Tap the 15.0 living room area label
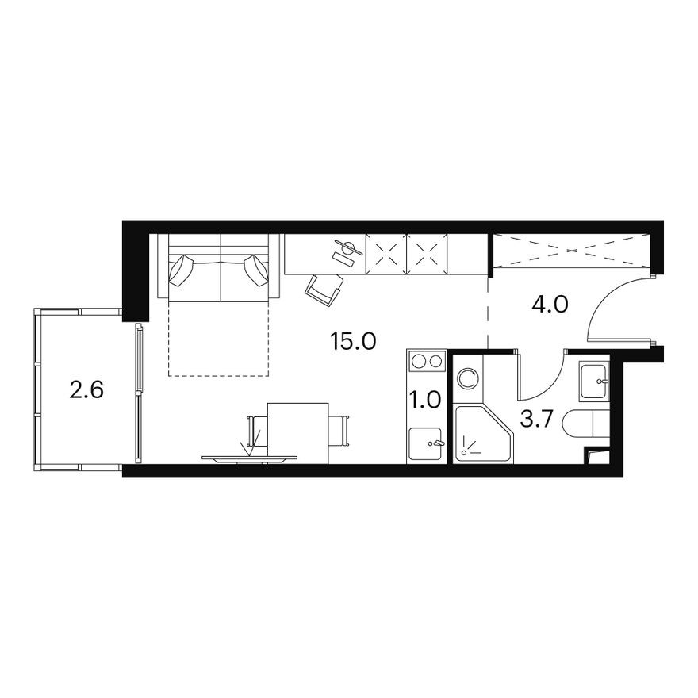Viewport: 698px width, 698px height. click(x=352, y=342)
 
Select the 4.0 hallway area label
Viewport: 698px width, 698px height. click(x=550, y=305)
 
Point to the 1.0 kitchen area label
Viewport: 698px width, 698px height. click(x=426, y=399)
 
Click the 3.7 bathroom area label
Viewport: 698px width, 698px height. click(x=535, y=418)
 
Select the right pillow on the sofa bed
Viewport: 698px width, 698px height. click(x=256, y=270)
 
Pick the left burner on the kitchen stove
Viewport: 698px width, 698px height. click(x=418, y=362)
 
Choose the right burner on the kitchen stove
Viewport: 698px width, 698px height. click(x=435, y=362)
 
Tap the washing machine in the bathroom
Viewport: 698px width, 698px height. click(x=468, y=378)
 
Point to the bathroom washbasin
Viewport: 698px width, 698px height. click(x=594, y=382)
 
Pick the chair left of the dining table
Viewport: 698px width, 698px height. click(x=256, y=431)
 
